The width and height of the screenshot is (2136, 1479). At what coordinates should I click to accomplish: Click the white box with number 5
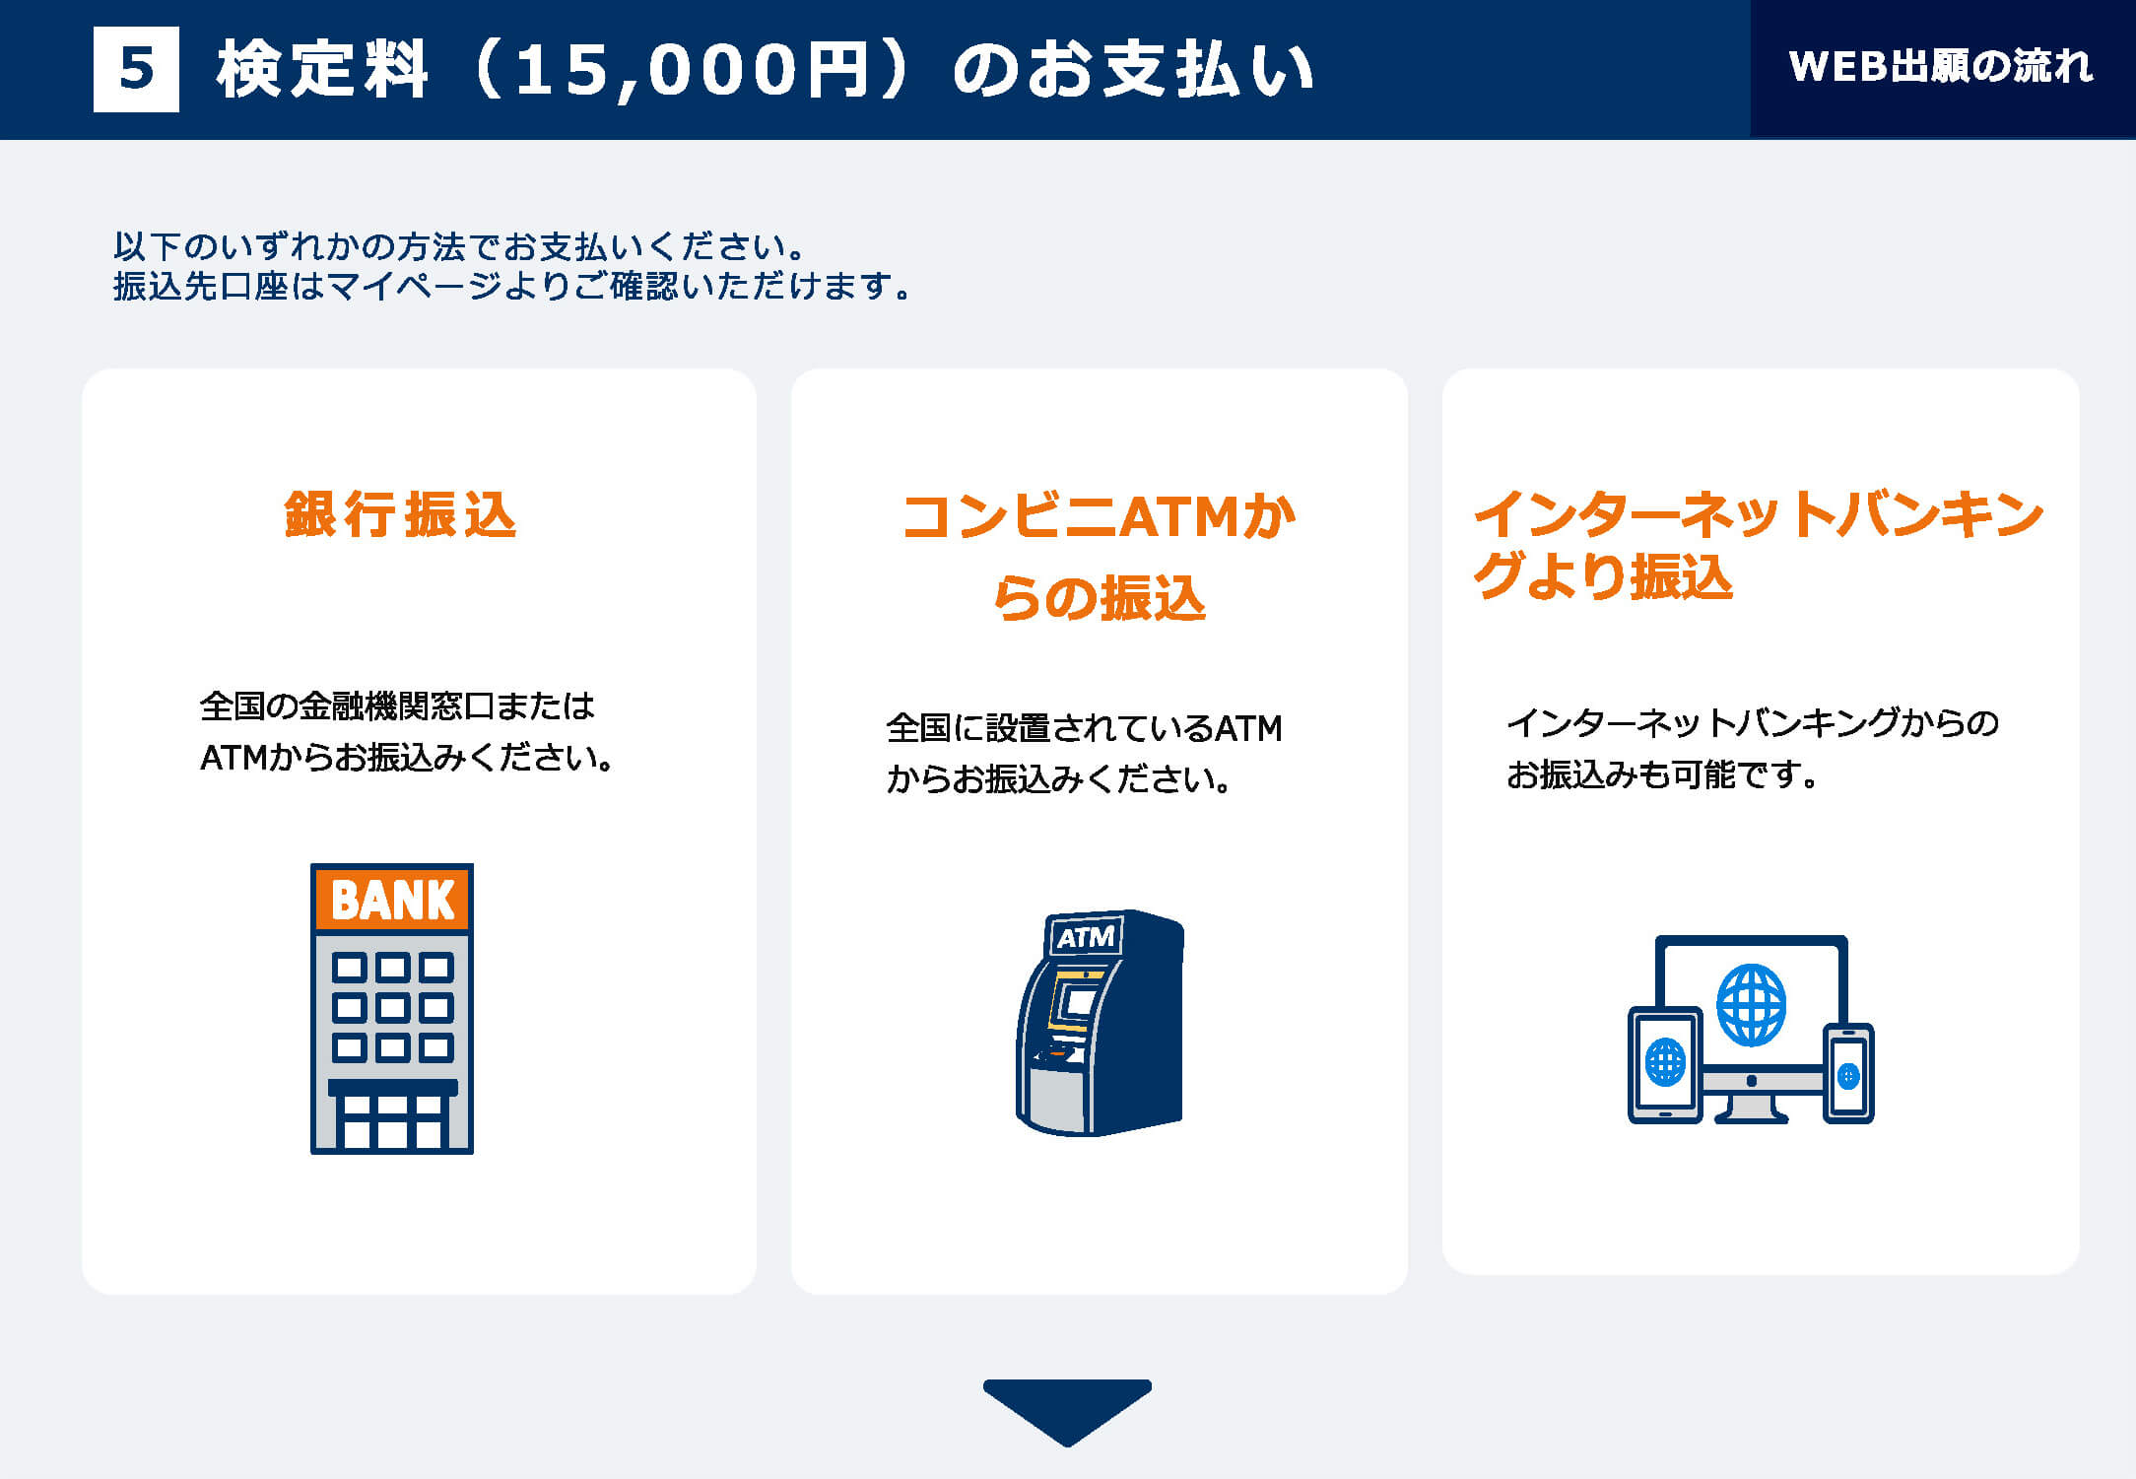point(136,69)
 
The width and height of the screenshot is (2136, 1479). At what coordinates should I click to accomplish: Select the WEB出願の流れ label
point(1940,66)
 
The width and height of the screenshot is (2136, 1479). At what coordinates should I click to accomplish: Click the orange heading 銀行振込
point(400,514)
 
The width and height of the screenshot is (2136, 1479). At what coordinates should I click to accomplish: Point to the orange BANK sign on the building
point(393,899)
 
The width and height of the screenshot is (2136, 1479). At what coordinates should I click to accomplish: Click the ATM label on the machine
point(1086,936)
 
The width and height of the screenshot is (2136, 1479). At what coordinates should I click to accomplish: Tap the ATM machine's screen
point(1081,1002)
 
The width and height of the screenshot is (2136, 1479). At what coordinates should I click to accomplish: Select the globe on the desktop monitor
point(1751,1005)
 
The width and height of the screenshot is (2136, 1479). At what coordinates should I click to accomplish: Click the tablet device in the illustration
point(1665,1064)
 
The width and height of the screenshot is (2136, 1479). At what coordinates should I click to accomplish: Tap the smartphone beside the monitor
point(1848,1074)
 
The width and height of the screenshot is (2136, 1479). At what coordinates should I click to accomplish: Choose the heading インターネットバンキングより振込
point(1758,545)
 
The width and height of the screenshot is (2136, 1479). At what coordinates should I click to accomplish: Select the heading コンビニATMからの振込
point(1100,557)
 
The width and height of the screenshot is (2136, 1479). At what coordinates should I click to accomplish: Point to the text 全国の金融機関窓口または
point(397,706)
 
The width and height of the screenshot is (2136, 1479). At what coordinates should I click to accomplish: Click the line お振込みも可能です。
point(1662,774)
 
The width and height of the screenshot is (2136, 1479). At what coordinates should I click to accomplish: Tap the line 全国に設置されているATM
point(1084,728)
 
